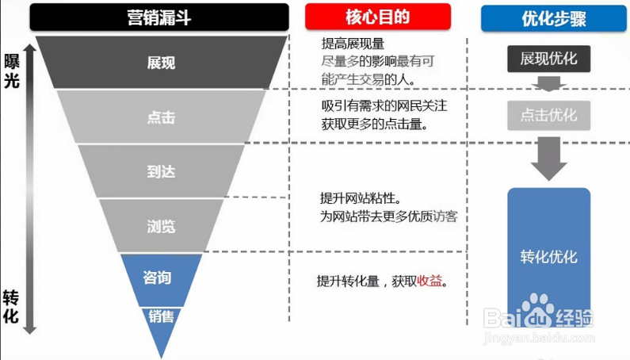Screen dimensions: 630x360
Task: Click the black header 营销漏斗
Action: [159, 17]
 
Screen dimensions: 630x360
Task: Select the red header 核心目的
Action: [378, 17]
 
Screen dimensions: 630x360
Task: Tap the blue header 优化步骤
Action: [554, 18]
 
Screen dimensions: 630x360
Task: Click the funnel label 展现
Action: [161, 63]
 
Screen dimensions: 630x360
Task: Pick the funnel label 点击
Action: [161, 117]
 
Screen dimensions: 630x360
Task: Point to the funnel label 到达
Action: [161, 172]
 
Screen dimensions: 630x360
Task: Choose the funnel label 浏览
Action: [161, 227]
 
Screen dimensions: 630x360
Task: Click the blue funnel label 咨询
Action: [157, 278]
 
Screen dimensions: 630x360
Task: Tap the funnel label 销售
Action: [161, 316]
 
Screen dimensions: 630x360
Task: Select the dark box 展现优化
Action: [549, 59]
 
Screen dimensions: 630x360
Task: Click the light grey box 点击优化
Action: [549, 116]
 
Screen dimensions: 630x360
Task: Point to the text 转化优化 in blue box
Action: [549, 257]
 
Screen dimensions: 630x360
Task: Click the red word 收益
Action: [430, 281]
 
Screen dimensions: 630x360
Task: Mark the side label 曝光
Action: [12, 71]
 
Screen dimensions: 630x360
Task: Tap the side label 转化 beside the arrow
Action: [11, 307]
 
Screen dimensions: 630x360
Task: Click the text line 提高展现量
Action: [353, 44]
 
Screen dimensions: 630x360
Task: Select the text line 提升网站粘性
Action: [361, 198]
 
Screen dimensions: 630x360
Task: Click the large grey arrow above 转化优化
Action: [549, 159]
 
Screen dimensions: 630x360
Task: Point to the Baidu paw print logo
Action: [537, 308]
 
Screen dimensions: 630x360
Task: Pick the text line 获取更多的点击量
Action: [375, 124]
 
